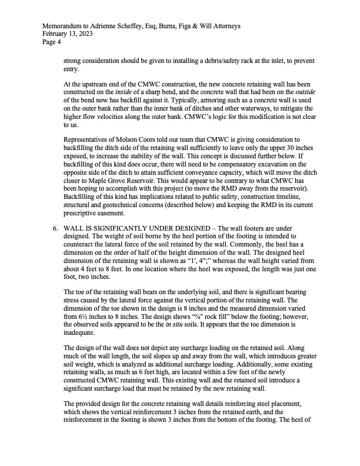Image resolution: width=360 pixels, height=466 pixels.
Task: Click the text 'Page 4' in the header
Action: click(51, 42)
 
